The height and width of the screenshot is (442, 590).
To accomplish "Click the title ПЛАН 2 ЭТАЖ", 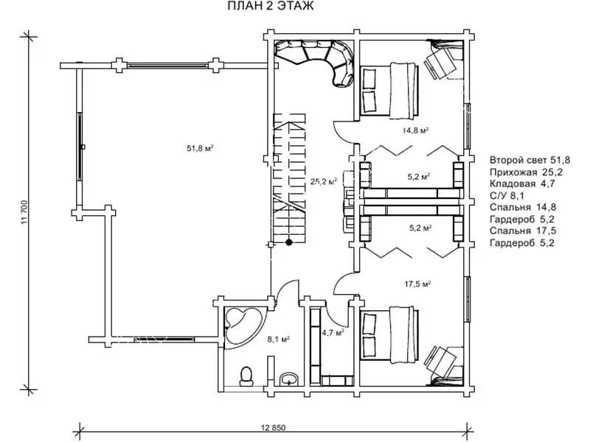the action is pos(271,7).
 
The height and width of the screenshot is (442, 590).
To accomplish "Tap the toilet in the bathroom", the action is pos(246,376).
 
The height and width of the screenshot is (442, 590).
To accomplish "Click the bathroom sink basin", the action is pos(289,379).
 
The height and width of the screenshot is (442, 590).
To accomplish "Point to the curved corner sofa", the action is pos(320,60).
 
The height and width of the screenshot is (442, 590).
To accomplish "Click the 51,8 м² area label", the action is pos(200,148).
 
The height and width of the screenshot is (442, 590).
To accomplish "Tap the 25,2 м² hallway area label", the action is pos(323,181).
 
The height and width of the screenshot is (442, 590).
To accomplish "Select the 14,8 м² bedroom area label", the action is pos(415,130).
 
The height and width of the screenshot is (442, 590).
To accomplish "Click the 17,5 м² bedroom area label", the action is pos(417,284).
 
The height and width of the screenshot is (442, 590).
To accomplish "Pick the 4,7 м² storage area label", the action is pos(333,333).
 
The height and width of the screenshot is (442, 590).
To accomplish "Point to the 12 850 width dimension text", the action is pos(273,428).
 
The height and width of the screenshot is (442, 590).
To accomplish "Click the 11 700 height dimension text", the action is pos(25,214).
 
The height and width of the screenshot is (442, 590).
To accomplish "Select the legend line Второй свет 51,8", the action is pos(530,160).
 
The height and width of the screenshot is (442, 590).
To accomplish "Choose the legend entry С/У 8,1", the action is pos(507,195).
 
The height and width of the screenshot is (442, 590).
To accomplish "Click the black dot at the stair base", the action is pos(289,242).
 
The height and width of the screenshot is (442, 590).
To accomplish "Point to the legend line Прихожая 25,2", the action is pos(526,172).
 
